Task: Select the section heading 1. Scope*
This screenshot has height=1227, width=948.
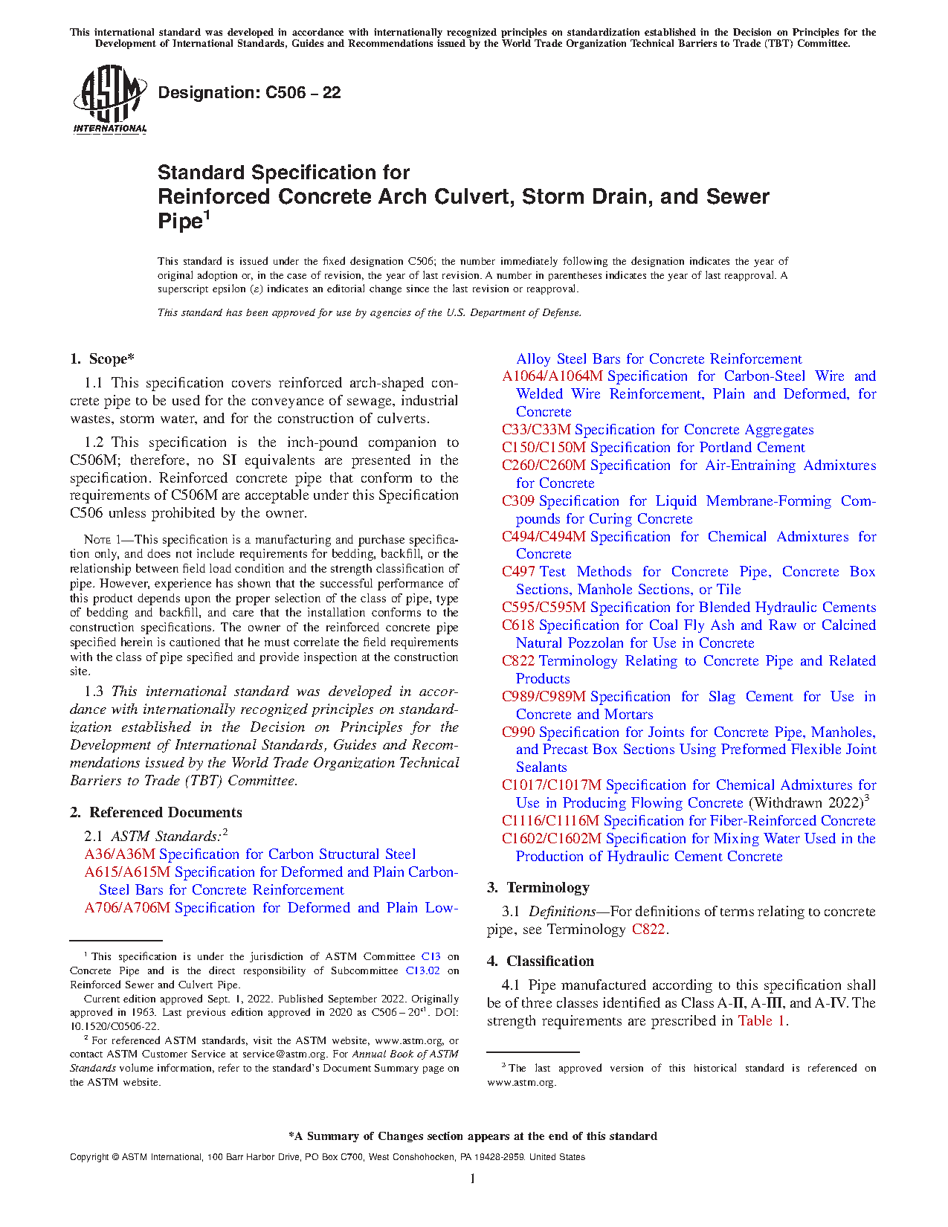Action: click(x=103, y=359)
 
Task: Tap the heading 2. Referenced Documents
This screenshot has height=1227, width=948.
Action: click(x=156, y=813)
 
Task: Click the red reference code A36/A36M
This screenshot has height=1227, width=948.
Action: click(x=120, y=854)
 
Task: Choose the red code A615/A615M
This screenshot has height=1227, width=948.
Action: click(x=127, y=872)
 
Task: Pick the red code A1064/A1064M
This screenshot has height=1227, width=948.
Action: click(x=552, y=376)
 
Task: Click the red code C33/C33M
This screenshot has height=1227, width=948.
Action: click(x=536, y=430)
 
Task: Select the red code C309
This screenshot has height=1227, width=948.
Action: click(x=517, y=501)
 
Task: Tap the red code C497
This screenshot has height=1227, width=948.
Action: click(x=518, y=572)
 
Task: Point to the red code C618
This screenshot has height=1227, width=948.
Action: click(x=518, y=625)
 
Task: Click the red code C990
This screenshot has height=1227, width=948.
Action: click(x=518, y=732)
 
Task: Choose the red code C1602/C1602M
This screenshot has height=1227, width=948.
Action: click(x=551, y=839)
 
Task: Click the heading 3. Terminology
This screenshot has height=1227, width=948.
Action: click(x=538, y=888)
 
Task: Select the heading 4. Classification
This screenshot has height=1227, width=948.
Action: click(x=541, y=962)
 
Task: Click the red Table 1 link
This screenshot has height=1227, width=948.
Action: click(x=761, y=1021)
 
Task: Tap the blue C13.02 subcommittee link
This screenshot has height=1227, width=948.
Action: click(x=422, y=970)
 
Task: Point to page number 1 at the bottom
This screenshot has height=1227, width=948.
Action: click(x=473, y=1178)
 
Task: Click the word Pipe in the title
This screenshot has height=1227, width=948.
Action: click(x=180, y=222)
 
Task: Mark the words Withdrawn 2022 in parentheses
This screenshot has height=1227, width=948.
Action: click(x=806, y=803)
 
